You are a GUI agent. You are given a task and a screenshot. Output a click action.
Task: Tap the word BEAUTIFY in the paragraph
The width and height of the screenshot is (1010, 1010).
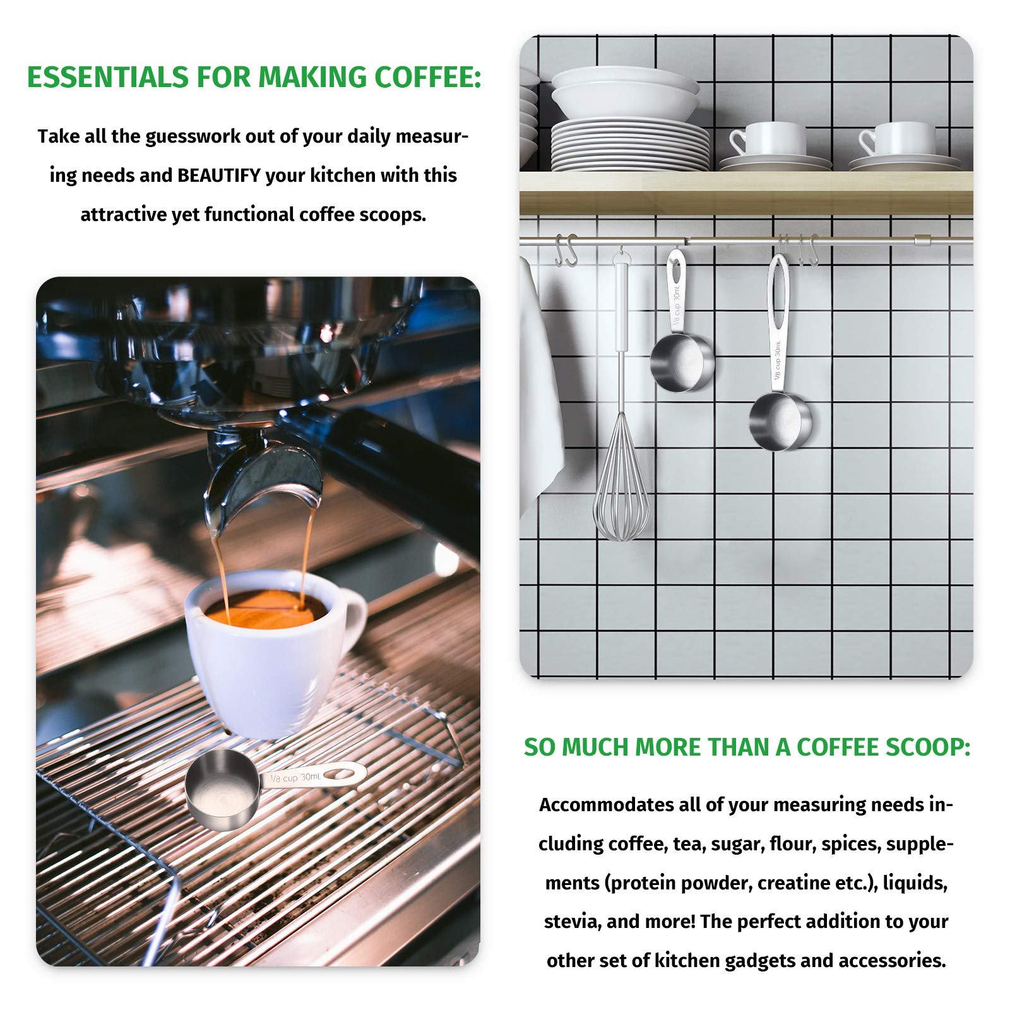[219, 175]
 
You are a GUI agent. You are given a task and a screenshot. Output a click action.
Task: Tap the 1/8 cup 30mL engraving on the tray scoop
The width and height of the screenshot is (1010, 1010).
[295, 778]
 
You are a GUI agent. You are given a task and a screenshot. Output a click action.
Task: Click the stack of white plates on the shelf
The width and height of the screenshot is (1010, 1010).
[629, 145]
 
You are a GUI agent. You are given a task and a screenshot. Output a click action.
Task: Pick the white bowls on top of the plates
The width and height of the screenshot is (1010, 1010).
[625, 92]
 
